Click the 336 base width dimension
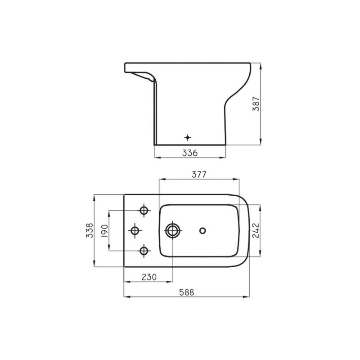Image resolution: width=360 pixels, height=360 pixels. coord(190,153)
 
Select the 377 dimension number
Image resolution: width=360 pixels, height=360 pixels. coord(198,175)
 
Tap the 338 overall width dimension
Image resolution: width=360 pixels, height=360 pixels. coord(90,230)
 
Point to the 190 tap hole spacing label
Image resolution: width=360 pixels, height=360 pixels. coord(104,230)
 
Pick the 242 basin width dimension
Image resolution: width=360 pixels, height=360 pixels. coord(255,230)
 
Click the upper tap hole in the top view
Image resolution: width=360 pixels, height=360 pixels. coord(144,211)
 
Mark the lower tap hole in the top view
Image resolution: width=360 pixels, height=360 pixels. coord(144,250)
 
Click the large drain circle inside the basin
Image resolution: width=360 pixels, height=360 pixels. coord(172,230)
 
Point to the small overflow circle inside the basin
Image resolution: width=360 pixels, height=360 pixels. coord(202,230)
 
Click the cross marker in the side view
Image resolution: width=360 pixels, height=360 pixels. coord(188,137)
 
